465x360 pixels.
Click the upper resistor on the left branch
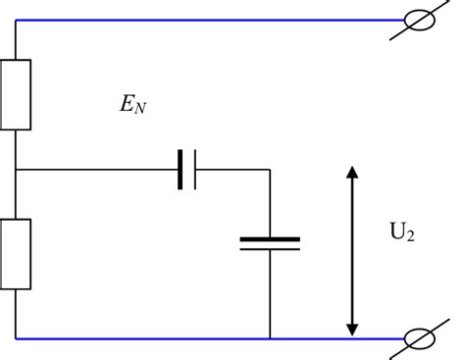16,94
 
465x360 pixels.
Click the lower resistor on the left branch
16,253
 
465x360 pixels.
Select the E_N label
132,104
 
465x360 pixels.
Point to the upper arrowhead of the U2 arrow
353,174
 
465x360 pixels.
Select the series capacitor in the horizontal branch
187,170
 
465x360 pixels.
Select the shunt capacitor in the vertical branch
270,242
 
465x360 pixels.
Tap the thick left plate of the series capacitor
181,170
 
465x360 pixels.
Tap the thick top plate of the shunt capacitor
270,237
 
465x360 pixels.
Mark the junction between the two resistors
16,170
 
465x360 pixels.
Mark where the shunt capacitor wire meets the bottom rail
270,338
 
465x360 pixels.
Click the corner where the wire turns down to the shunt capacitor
270,170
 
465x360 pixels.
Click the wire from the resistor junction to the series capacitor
98,170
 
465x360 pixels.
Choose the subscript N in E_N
141,108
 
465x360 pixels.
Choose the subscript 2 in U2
410,239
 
